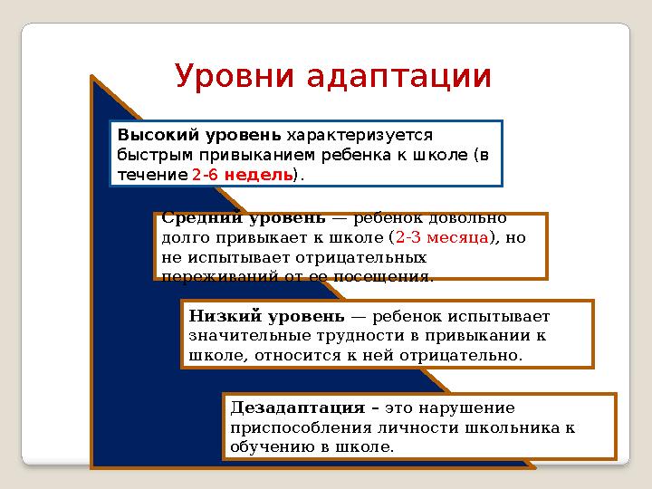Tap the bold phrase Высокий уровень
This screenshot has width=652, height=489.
[x=200, y=136]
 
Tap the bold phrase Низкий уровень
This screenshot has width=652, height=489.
[x=267, y=316]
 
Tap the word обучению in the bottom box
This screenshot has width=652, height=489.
[x=269, y=446]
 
